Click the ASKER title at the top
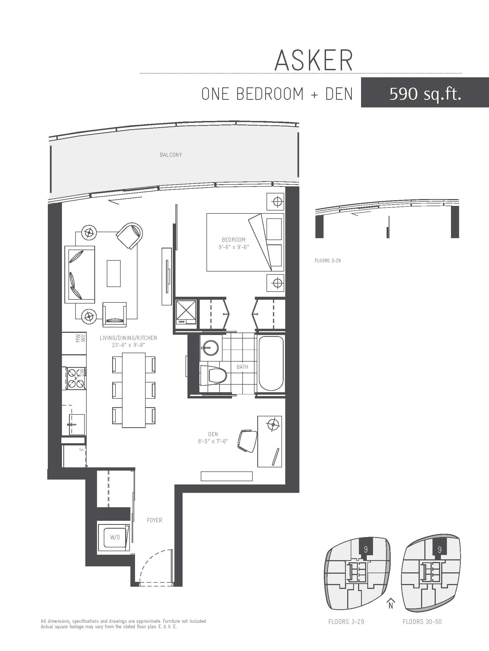[x=314, y=60]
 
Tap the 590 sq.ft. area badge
[x=425, y=92]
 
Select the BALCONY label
[x=171, y=155]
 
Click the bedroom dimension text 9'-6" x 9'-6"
[x=234, y=247]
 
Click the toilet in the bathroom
[x=214, y=375]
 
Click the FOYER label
[x=155, y=520]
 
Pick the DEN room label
[x=213, y=434]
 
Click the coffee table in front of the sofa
[x=114, y=273]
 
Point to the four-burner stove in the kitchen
[x=76, y=378]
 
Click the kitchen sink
[x=77, y=424]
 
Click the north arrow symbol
[x=391, y=602]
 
